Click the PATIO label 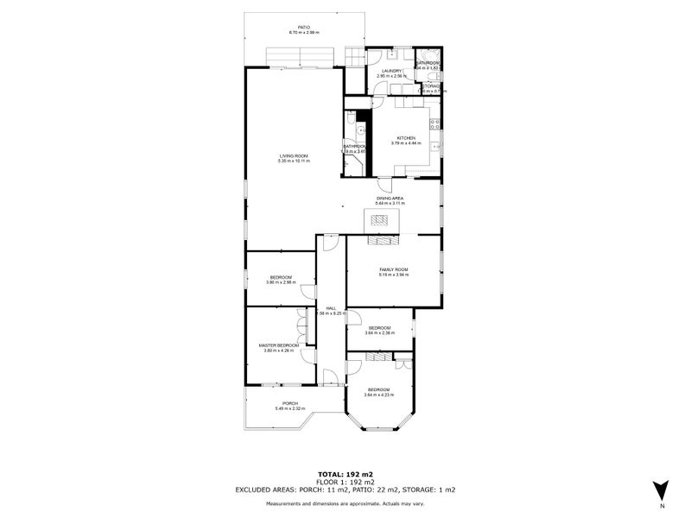tap(304, 28)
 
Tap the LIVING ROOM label tap(293, 156)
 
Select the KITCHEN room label tap(406, 138)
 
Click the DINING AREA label tap(390, 199)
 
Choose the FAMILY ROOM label tap(393, 270)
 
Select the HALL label tap(331, 308)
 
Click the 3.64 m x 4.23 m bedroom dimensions tap(379, 395)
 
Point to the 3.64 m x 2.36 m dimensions tap(379, 332)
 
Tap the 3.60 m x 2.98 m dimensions tap(281, 281)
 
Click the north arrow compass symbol tap(661, 490)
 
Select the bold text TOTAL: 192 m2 tap(345, 475)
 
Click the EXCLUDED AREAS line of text tap(345, 490)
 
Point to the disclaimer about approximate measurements tap(345, 502)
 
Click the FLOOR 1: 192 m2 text tap(345, 482)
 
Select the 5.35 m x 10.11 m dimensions tap(293, 161)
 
